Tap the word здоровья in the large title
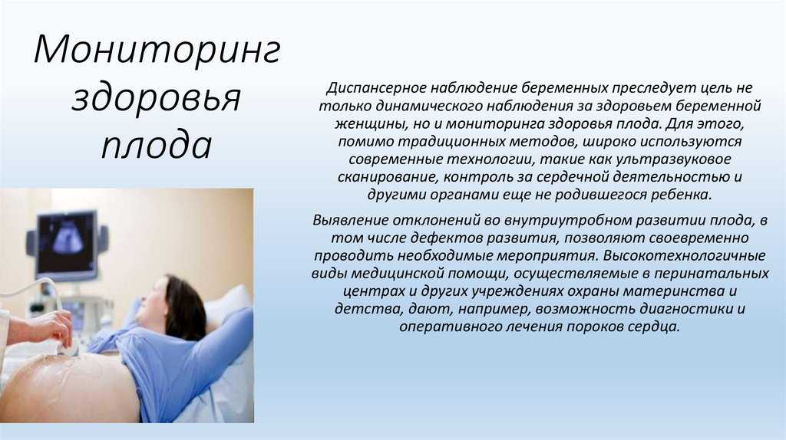[157, 99]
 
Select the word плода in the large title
[157, 145]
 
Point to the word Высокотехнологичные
[684, 256]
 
